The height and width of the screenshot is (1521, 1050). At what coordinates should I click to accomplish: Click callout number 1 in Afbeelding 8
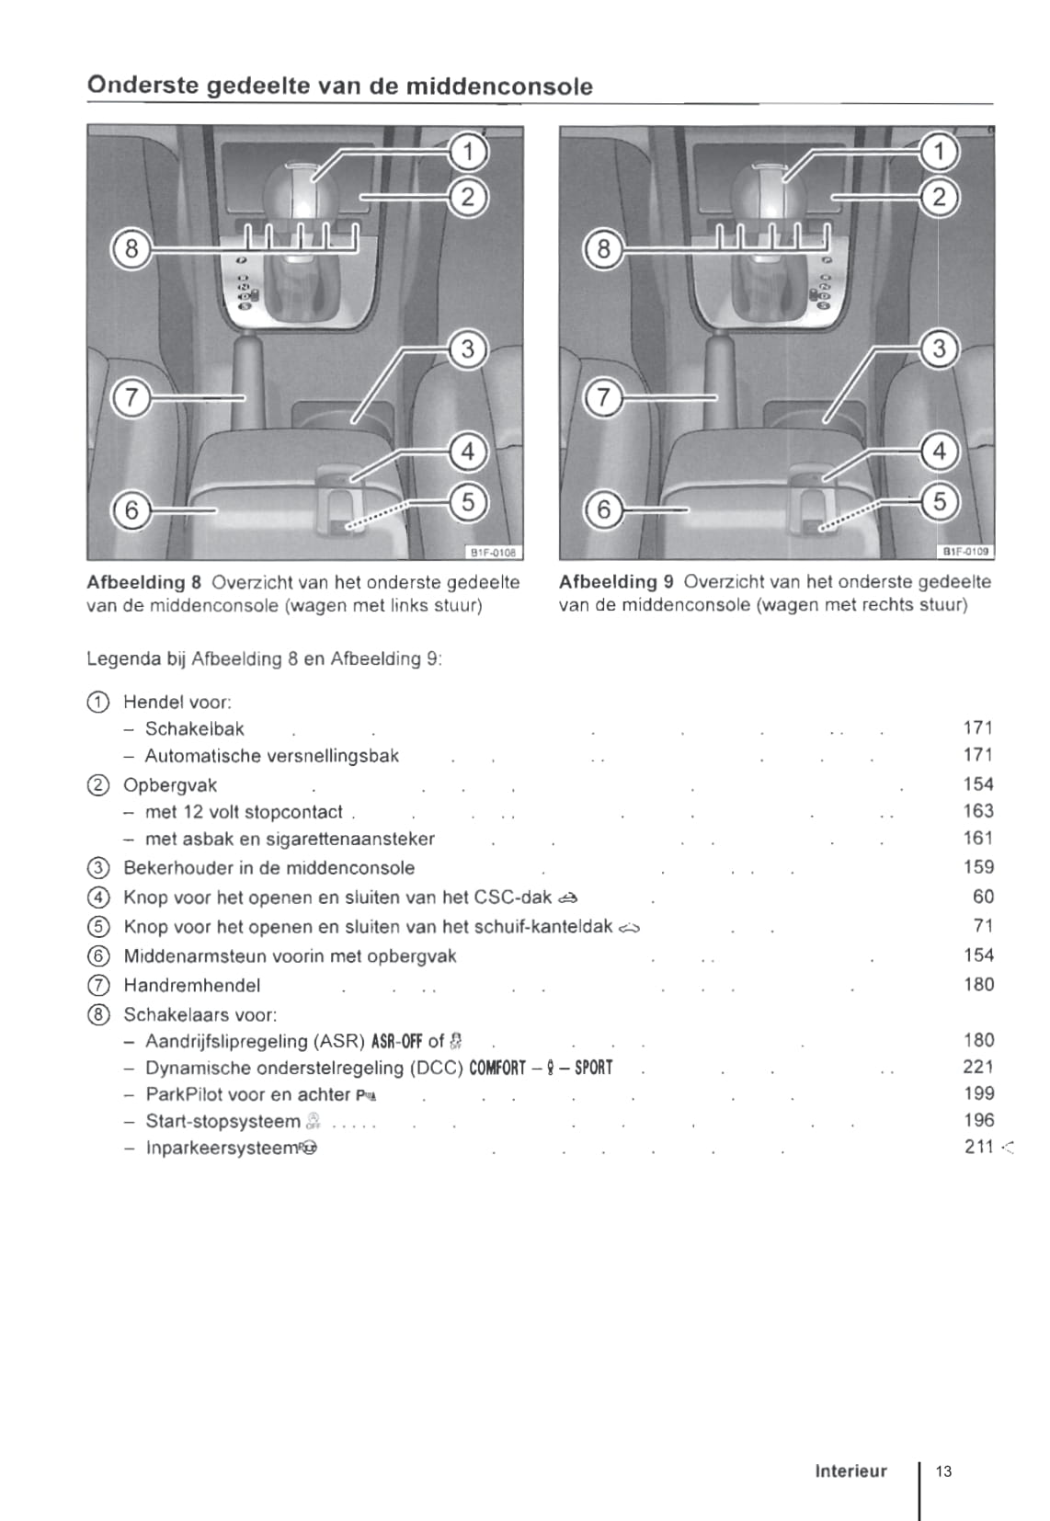click(x=468, y=151)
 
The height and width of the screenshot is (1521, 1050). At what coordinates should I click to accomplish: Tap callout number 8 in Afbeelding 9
click(x=603, y=248)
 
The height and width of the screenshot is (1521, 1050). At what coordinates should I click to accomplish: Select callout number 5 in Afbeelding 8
click(x=468, y=502)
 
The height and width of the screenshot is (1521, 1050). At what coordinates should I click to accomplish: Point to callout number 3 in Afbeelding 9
click(x=939, y=349)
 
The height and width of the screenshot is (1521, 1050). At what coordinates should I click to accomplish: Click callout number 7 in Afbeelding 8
click(x=131, y=398)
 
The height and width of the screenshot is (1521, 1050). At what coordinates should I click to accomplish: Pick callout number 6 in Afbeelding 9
click(x=603, y=509)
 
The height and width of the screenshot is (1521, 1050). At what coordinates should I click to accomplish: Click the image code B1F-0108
click(x=494, y=553)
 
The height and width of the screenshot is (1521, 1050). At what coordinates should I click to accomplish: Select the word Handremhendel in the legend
click(x=192, y=986)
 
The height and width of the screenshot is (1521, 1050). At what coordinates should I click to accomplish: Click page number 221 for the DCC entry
click(x=978, y=1067)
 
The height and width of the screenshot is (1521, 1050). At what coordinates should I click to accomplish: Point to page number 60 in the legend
click(x=983, y=897)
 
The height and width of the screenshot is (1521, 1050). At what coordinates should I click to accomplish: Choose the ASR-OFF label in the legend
click(x=395, y=1041)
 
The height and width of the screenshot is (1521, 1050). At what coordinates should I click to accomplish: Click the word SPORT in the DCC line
click(x=593, y=1068)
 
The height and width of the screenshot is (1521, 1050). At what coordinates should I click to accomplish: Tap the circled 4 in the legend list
click(x=97, y=898)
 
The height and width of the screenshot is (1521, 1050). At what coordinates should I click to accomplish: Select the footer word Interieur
click(x=850, y=1470)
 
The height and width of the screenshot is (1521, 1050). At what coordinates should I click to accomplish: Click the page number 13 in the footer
click(x=943, y=1470)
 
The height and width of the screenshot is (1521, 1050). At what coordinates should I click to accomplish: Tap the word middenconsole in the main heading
click(x=499, y=86)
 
